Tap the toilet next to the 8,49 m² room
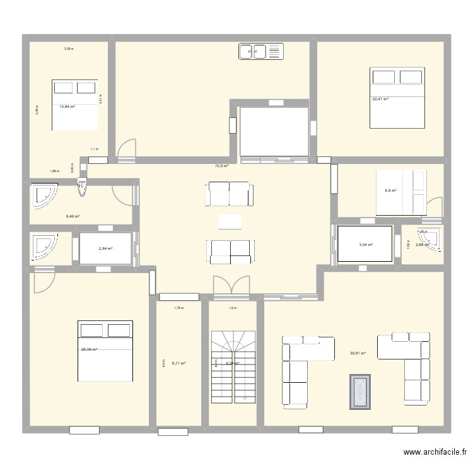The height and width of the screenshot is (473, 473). [82, 187]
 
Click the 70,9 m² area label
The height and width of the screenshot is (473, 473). [221, 166]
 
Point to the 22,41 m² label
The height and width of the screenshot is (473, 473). [380, 99]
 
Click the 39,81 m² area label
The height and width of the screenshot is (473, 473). [359, 353]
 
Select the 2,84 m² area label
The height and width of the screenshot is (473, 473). [105, 248]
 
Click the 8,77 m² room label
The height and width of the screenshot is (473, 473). [179, 363]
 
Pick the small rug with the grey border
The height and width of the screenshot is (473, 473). [360, 391]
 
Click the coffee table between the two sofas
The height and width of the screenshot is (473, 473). [230, 221]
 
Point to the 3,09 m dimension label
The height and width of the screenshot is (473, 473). [68, 49]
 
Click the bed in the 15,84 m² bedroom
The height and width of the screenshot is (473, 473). [75, 105]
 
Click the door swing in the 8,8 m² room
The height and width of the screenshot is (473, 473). [434, 207]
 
